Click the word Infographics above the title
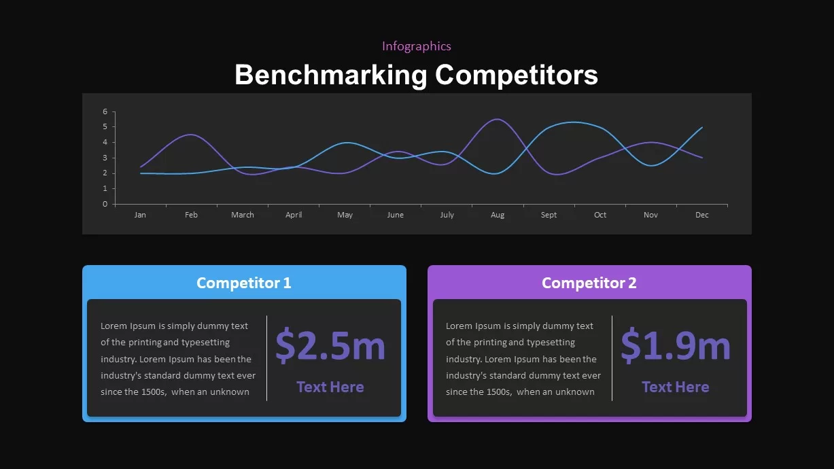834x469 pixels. point(416,46)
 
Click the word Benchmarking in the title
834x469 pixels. point(330,75)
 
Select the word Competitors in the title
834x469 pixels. point(517,75)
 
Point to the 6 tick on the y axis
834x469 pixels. point(105,111)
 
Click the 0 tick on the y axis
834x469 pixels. point(105,204)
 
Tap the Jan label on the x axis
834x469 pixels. point(140,215)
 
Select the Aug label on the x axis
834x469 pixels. point(498,215)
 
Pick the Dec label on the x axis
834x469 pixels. point(701,215)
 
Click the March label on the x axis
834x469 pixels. point(243,215)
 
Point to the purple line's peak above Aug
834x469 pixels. point(498,119)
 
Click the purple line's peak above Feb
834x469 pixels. point(191,135)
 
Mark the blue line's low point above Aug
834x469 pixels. point(498,173)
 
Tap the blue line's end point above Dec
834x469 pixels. point(701,127)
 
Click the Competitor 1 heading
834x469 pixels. point(243,283)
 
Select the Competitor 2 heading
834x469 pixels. point(589,283)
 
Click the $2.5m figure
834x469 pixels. point(330,345)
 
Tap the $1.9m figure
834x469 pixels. point(676,345)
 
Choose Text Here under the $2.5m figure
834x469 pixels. point(330,387)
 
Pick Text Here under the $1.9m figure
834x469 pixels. point(676,387)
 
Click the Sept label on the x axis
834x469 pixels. point(549,215)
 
